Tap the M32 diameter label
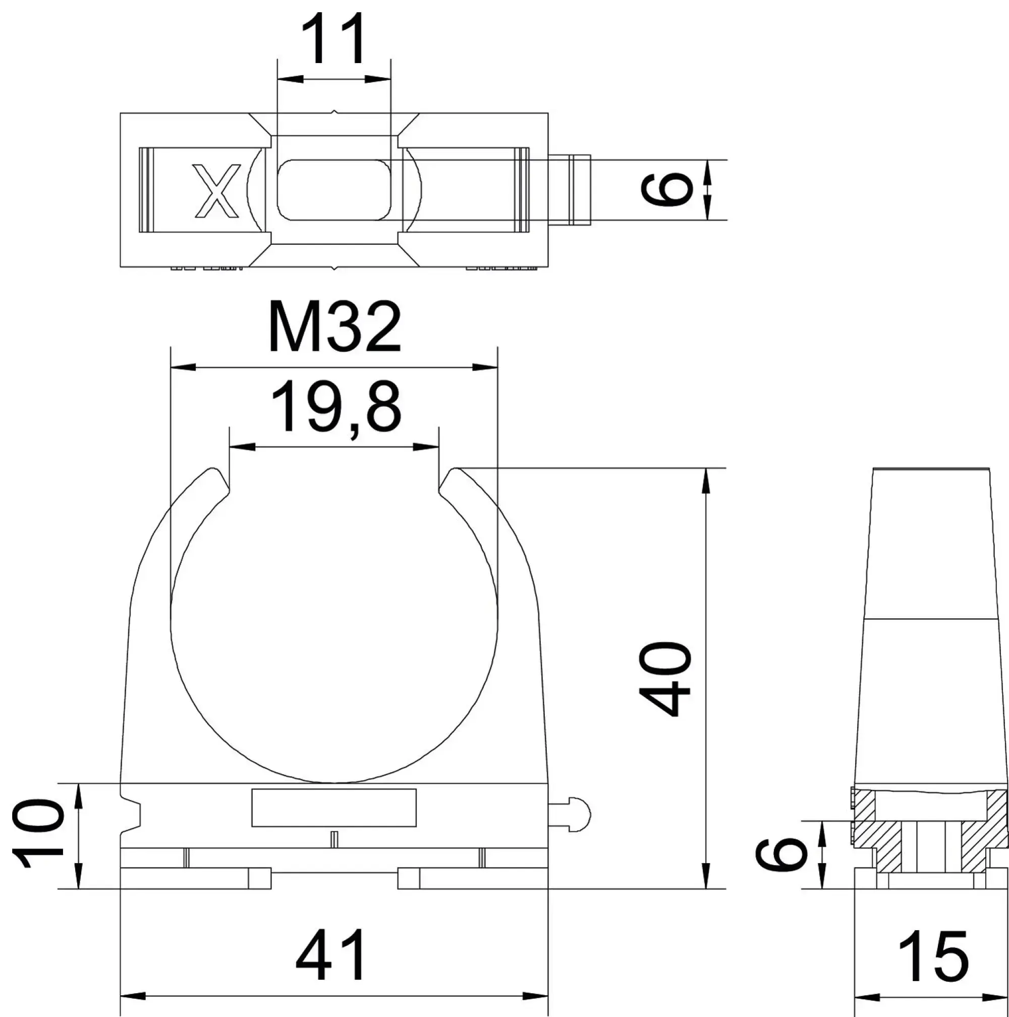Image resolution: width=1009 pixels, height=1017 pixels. click(334, 327)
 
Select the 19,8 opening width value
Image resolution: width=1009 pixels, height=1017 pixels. click(335, 408)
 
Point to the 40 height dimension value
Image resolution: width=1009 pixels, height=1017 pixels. click(664, 679)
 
